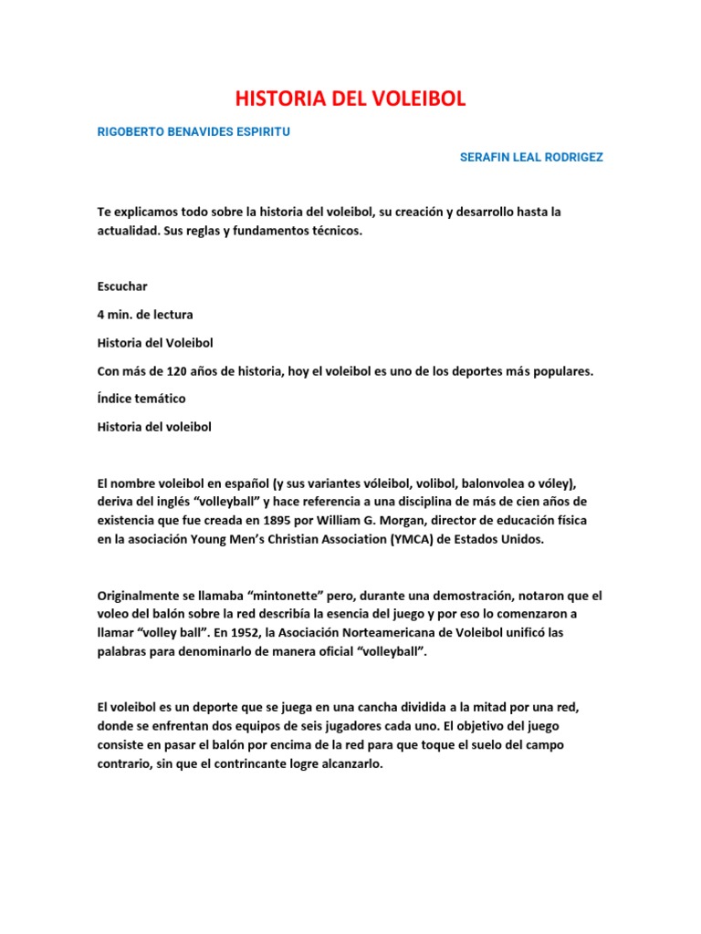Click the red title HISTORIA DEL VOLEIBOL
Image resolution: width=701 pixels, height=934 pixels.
[350, 99]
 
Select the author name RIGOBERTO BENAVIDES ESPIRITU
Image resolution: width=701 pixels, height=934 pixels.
[194, 131]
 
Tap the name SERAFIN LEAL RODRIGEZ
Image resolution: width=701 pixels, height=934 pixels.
[531, 157]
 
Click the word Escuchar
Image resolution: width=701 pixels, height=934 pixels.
[122, 286]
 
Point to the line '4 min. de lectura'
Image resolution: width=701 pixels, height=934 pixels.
[145, 315]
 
